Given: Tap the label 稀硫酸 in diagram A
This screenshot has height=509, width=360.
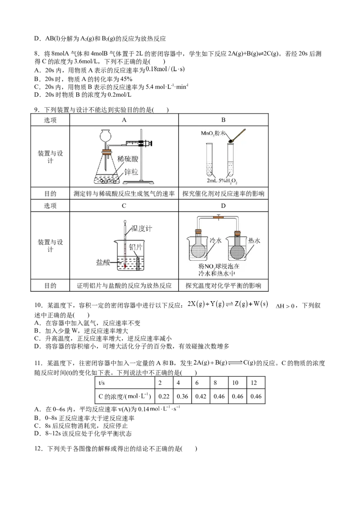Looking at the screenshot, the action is pyautogui.click(x=128, y=159).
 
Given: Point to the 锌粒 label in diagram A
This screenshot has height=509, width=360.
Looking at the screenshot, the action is pyautogui.click(x=131, y=172).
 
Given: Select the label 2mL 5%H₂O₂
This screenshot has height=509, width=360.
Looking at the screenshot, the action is pyautogui.click(x=222, y=181).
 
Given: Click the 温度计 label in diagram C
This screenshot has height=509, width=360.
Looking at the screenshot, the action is pyautogui.click(x=141, y=228).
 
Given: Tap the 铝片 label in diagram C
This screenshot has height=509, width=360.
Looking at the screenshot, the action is pyautogui.click(x=135, y=247).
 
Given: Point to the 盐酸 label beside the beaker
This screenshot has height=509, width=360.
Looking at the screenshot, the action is pyautogui.click(x=103, y=262).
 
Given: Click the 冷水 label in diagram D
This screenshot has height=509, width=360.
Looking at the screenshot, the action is pyautogui.click(x=216, y=240).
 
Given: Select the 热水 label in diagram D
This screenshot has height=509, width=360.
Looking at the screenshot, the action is pyautogui.click(x=254, y=241).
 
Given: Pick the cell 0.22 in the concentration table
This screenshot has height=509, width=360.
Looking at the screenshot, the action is pyautogui.click(x=164, y=396).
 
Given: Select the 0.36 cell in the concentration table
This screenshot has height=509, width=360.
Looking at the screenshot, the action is pyautogui.click(x=182, y=396).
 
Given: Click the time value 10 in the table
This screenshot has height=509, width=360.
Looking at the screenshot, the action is pyautogui.click(x=235, y=383).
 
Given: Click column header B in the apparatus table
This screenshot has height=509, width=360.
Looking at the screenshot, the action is pyautogui.click(x=223, y=120).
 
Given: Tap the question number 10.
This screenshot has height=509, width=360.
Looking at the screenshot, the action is pyautogui.click(x=38, y=305).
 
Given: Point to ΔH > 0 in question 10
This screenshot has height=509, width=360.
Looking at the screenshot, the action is pyautogui.click(x=285, y=306).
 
